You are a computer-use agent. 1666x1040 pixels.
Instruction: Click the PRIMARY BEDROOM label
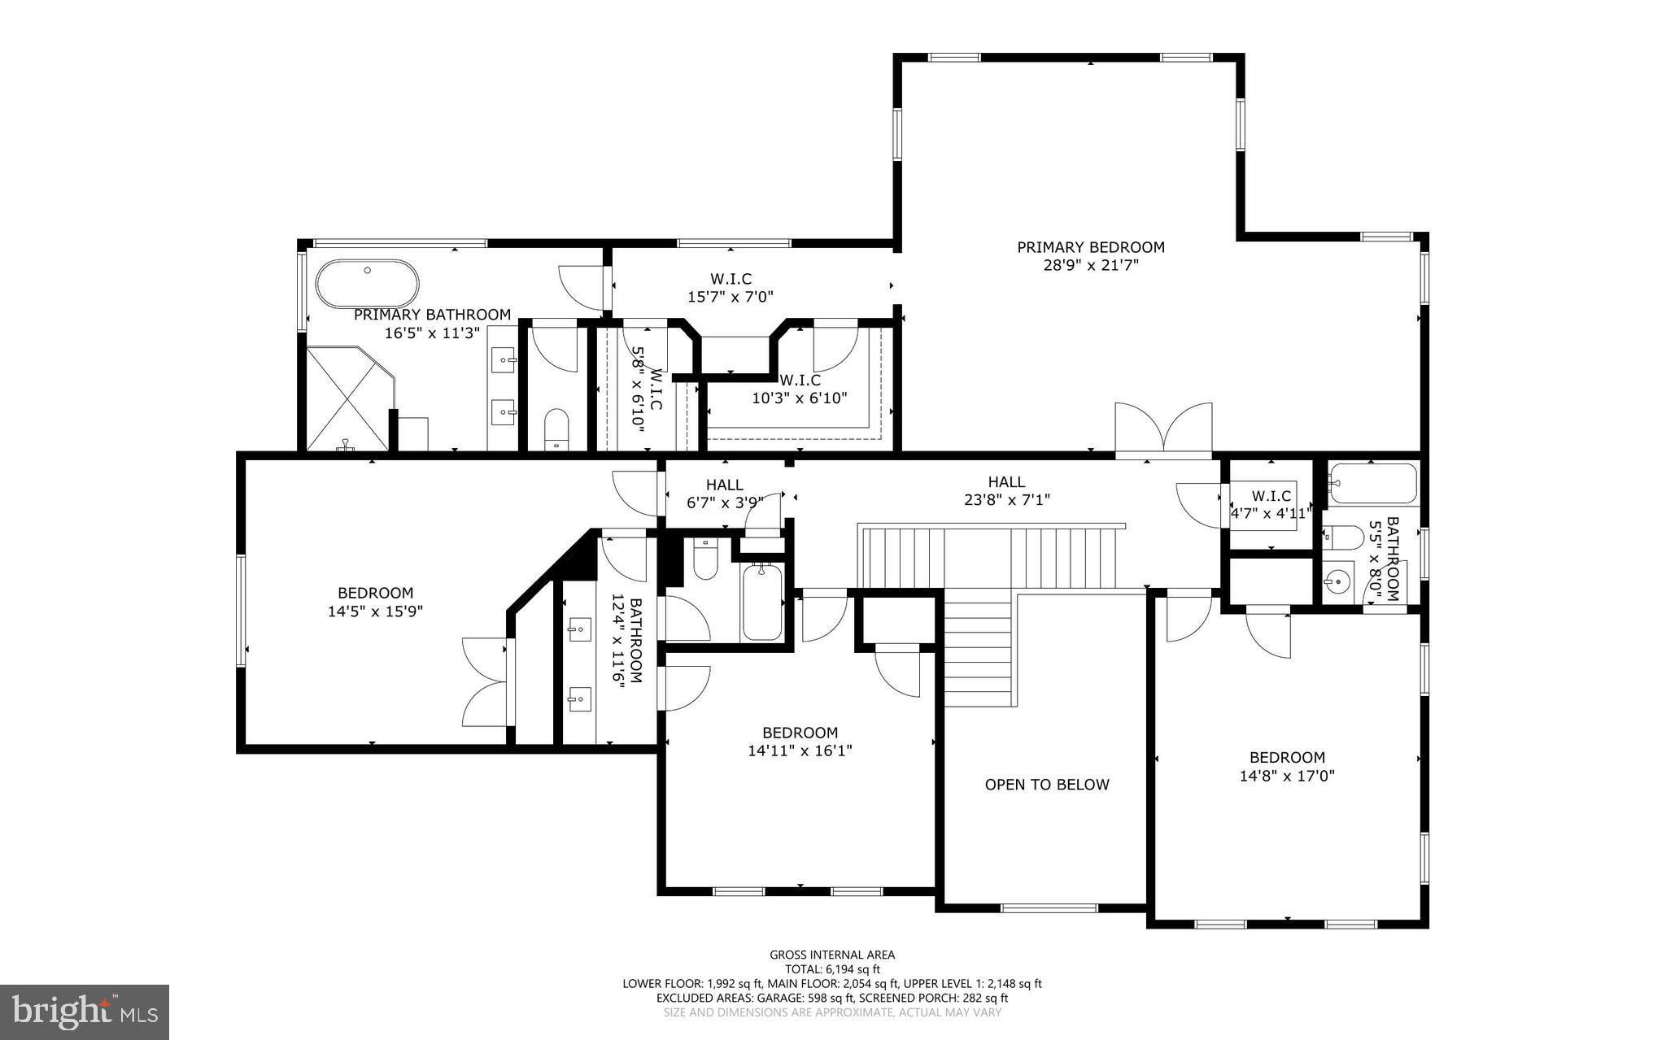pyautogui.click(x=1090, y=247)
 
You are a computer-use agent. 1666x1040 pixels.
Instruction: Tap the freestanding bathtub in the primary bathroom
pyautogui.click(x=367, y=284)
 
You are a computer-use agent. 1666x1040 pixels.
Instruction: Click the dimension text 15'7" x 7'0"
pyautogui.click(x=730, y=298)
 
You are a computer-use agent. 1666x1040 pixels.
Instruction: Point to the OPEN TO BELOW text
pyautogui.click(x=1046, y=785)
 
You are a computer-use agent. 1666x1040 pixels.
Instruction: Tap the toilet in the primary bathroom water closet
pyautogui.click(x=556, y=427)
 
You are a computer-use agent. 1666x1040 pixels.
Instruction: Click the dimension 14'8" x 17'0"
pyautogui.click(x=1287, y=777)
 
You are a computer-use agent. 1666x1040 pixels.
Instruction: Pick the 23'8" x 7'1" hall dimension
pyautogui.click(x=1006, y=500)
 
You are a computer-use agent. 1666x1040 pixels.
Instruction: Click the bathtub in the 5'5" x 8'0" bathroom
pyautogui.click(x=1374, y=485)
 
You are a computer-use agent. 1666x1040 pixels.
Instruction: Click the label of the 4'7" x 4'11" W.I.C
pyautogui.click(x=1271, y=496)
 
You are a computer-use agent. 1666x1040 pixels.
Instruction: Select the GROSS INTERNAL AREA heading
pyautogui.click(x=831, y=955)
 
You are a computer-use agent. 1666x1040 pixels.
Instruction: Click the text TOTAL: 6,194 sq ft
pyautogui.click(x=831, y=969)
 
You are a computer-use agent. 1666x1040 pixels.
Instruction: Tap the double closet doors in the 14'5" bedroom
pyautogui.click(x=486, y=682)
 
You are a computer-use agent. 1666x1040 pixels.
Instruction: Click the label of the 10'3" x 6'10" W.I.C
pyautogui.click(x=800, y=381)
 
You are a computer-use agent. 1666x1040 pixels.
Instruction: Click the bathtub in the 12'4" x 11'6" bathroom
pyautogui.click(x=762, y=602)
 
